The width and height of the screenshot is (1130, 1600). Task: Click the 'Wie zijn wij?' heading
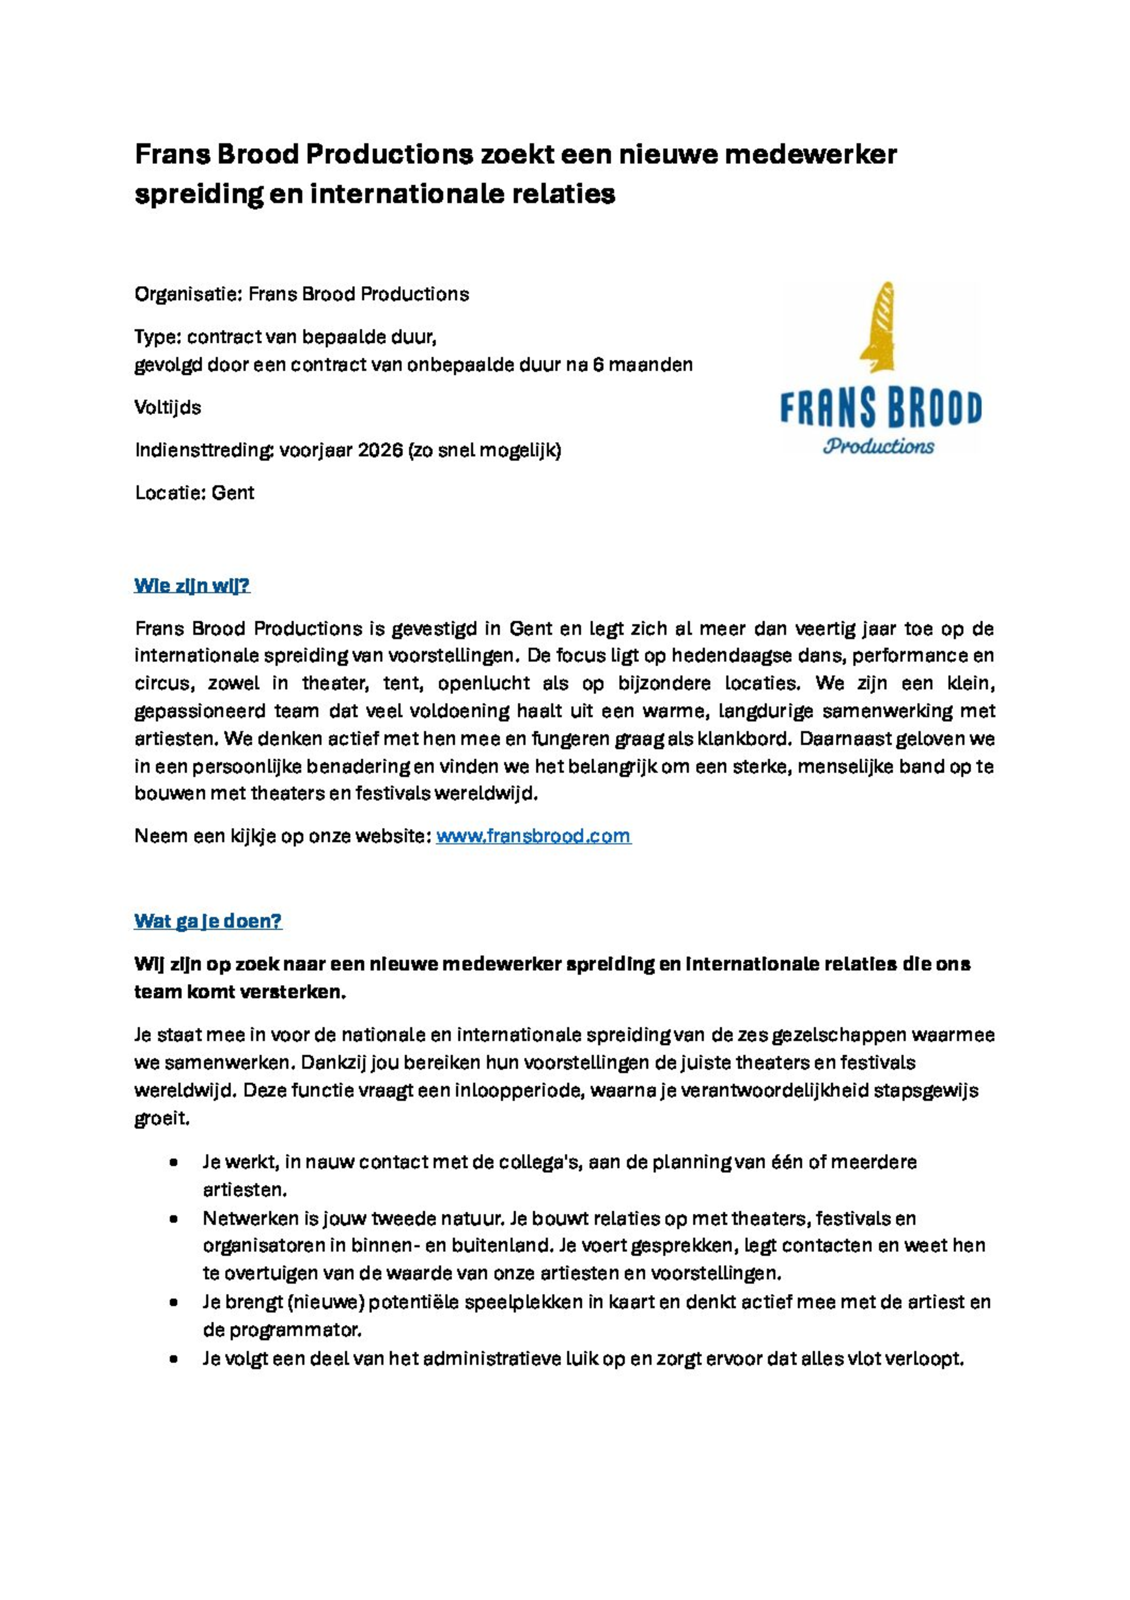click(192, 586)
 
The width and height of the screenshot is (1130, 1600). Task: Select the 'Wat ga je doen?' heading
click(208, 921)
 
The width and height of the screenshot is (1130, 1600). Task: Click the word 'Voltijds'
click(167, 408)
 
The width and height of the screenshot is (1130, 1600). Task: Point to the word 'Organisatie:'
click(187, 294)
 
